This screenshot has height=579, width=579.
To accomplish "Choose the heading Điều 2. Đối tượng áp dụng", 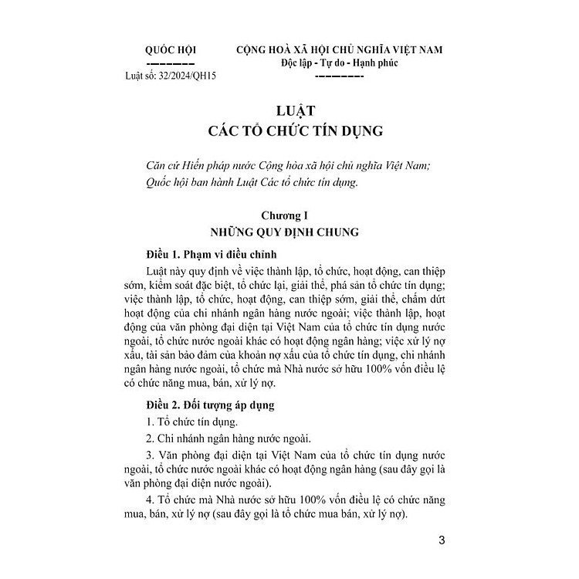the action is click(x=207, y=404).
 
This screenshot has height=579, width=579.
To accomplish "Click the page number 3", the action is click(x=441, y=540).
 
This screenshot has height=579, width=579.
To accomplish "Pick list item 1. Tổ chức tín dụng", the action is click(x=192, y=422).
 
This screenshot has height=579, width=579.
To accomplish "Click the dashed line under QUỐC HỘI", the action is click(x=170, y=63).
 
